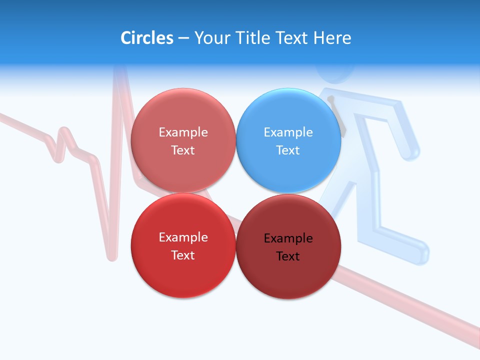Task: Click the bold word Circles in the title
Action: (x=147, y=37)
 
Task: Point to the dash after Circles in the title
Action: (x=183, y=38)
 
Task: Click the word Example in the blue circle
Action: (x=288, y=132)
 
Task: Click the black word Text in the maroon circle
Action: (x=288, y=256)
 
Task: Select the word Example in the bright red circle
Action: (x=183, y=237)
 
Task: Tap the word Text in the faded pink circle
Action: (x=183, y=150)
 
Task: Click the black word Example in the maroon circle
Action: (x=288, y=238)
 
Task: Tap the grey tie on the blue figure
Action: (x=337, y=115)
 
